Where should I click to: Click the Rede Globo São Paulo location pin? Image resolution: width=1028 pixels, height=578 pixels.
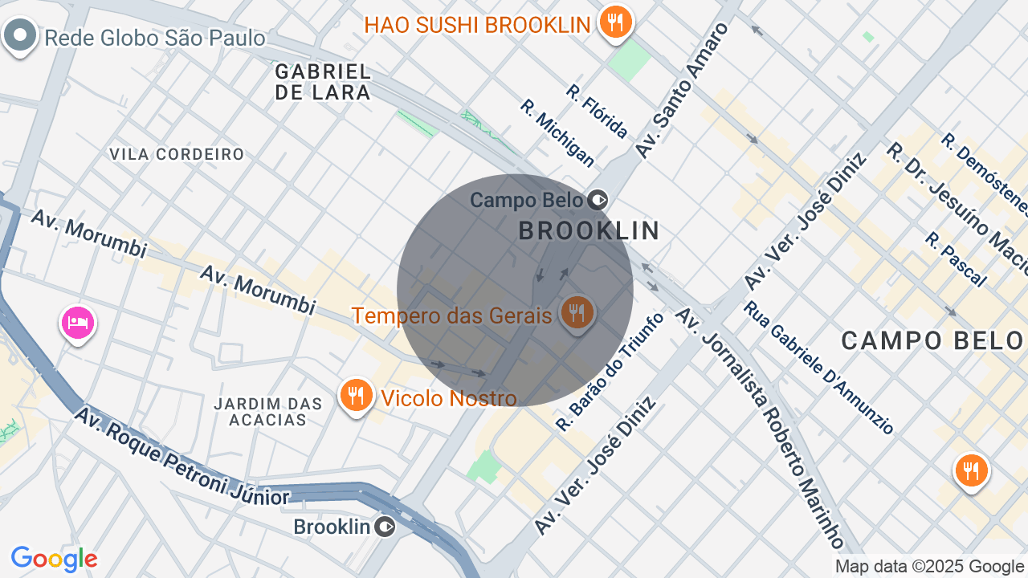(20, 35)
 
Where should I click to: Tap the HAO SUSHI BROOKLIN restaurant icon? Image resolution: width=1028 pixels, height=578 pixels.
(615, 22)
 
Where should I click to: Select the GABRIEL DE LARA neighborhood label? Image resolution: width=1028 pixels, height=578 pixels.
(323, 82)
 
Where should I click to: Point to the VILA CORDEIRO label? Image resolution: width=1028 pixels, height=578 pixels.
(177, 154)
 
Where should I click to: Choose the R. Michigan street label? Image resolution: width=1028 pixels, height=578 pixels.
(557, 133)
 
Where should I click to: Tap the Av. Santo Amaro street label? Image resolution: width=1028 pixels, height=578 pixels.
(681, 89)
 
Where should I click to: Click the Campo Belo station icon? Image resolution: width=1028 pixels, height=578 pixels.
(598, 199)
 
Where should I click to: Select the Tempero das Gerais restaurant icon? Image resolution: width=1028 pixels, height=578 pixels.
(577, 311)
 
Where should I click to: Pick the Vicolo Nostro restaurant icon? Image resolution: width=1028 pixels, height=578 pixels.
(355, 395)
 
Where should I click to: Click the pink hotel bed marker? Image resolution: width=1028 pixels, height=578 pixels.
(78, 323)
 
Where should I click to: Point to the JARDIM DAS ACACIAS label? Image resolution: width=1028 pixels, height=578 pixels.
(268, 411)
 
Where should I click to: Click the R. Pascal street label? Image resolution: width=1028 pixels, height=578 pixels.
(955, 259)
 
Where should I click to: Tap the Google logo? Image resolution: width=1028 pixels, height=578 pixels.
(54, 560)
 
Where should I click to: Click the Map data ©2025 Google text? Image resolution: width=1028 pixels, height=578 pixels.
(929, 567)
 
